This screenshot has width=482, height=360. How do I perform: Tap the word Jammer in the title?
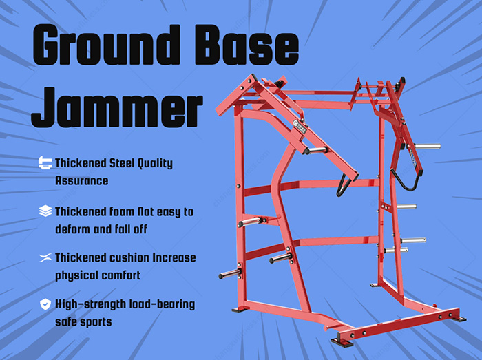(118, 109)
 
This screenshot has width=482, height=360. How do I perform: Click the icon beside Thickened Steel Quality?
(45, 163)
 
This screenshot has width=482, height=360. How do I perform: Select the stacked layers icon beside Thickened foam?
(45, 211)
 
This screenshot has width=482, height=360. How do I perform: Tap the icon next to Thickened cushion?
(45, 257)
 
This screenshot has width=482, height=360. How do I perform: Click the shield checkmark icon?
(45, 304)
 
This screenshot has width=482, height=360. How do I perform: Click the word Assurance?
(82, 181)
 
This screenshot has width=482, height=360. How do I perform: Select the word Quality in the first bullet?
(158, 163)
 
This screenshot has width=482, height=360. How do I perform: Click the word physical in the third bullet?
(78, 275)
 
